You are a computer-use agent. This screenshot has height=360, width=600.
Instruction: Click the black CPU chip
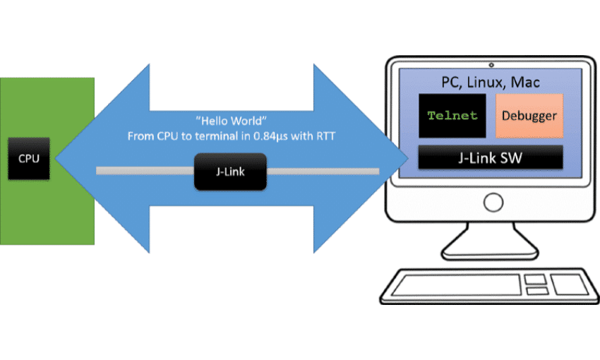tap(29, 159)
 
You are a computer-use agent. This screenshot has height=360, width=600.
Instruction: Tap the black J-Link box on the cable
tap(231, 172)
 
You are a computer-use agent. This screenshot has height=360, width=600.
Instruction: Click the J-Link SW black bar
tap(491, 157)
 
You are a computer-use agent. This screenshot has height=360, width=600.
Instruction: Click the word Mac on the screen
tap(526, 83)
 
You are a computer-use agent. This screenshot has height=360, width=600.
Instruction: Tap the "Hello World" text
tap(231, 121)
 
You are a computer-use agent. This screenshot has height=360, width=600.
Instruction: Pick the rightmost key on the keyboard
tap(568, 284)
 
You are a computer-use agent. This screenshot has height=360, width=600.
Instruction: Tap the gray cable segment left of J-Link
tap(145, 171)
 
